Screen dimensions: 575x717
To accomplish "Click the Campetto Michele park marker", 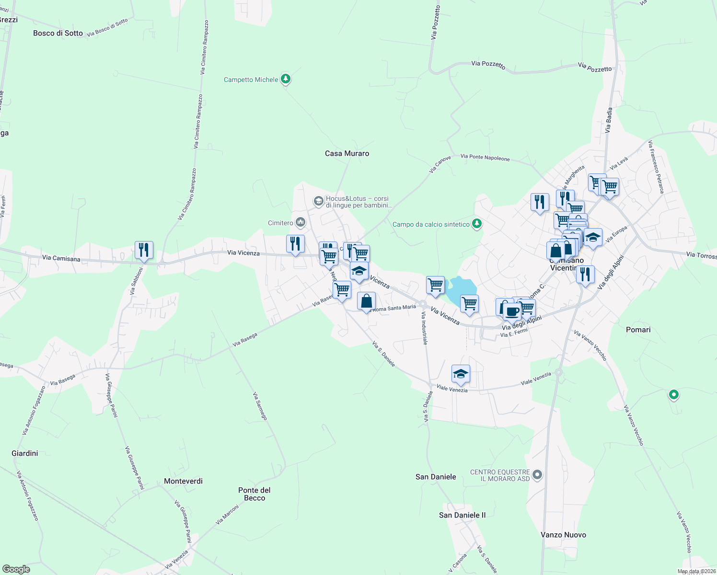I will (286, 79).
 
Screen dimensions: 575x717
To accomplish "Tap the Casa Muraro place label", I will (347, 153).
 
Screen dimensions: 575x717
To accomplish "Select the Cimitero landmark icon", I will (301, 222).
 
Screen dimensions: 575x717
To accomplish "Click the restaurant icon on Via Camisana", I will (144, 250).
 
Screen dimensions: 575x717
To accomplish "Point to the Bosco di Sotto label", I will (58, 33).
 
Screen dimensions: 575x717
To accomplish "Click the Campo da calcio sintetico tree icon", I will (476, 223).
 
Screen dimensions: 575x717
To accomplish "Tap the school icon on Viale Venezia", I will (461, 374).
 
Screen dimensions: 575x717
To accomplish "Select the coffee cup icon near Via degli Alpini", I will (512, 311).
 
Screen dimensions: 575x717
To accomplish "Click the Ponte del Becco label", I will (254, 494).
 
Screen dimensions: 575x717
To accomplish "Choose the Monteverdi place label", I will (183, 481).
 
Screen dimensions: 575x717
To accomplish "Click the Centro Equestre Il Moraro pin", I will (537, 475).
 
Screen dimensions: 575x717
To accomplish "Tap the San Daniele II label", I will (462, 515).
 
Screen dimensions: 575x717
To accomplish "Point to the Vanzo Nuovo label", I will (563, 535).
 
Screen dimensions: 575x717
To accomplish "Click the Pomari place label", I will (638, 330).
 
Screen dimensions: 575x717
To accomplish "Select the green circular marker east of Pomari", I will (674, 395).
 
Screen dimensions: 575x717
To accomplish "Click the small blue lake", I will (461, 290).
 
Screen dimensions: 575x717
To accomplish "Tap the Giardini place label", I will (24, 453).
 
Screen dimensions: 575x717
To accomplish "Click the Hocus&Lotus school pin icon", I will (318, 201).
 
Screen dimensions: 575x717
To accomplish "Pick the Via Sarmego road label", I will (260, 406).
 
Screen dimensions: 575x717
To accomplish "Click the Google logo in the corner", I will (16, 569).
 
